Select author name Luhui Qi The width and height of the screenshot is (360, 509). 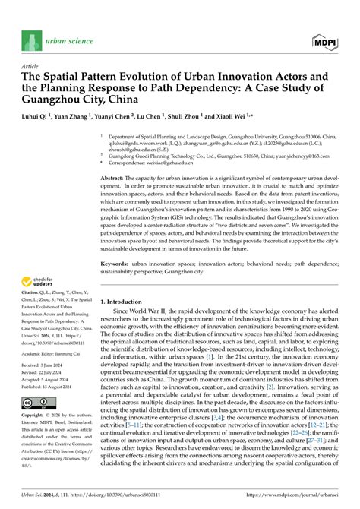[x=38, y=117]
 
